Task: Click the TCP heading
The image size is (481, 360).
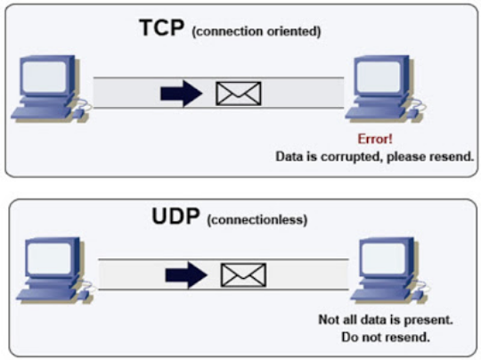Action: pos(162,28)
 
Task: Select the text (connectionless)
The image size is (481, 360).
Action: pos(257,220)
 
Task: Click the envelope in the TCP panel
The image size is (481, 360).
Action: pos(239,93)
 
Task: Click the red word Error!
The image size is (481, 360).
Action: pos(374,140)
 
